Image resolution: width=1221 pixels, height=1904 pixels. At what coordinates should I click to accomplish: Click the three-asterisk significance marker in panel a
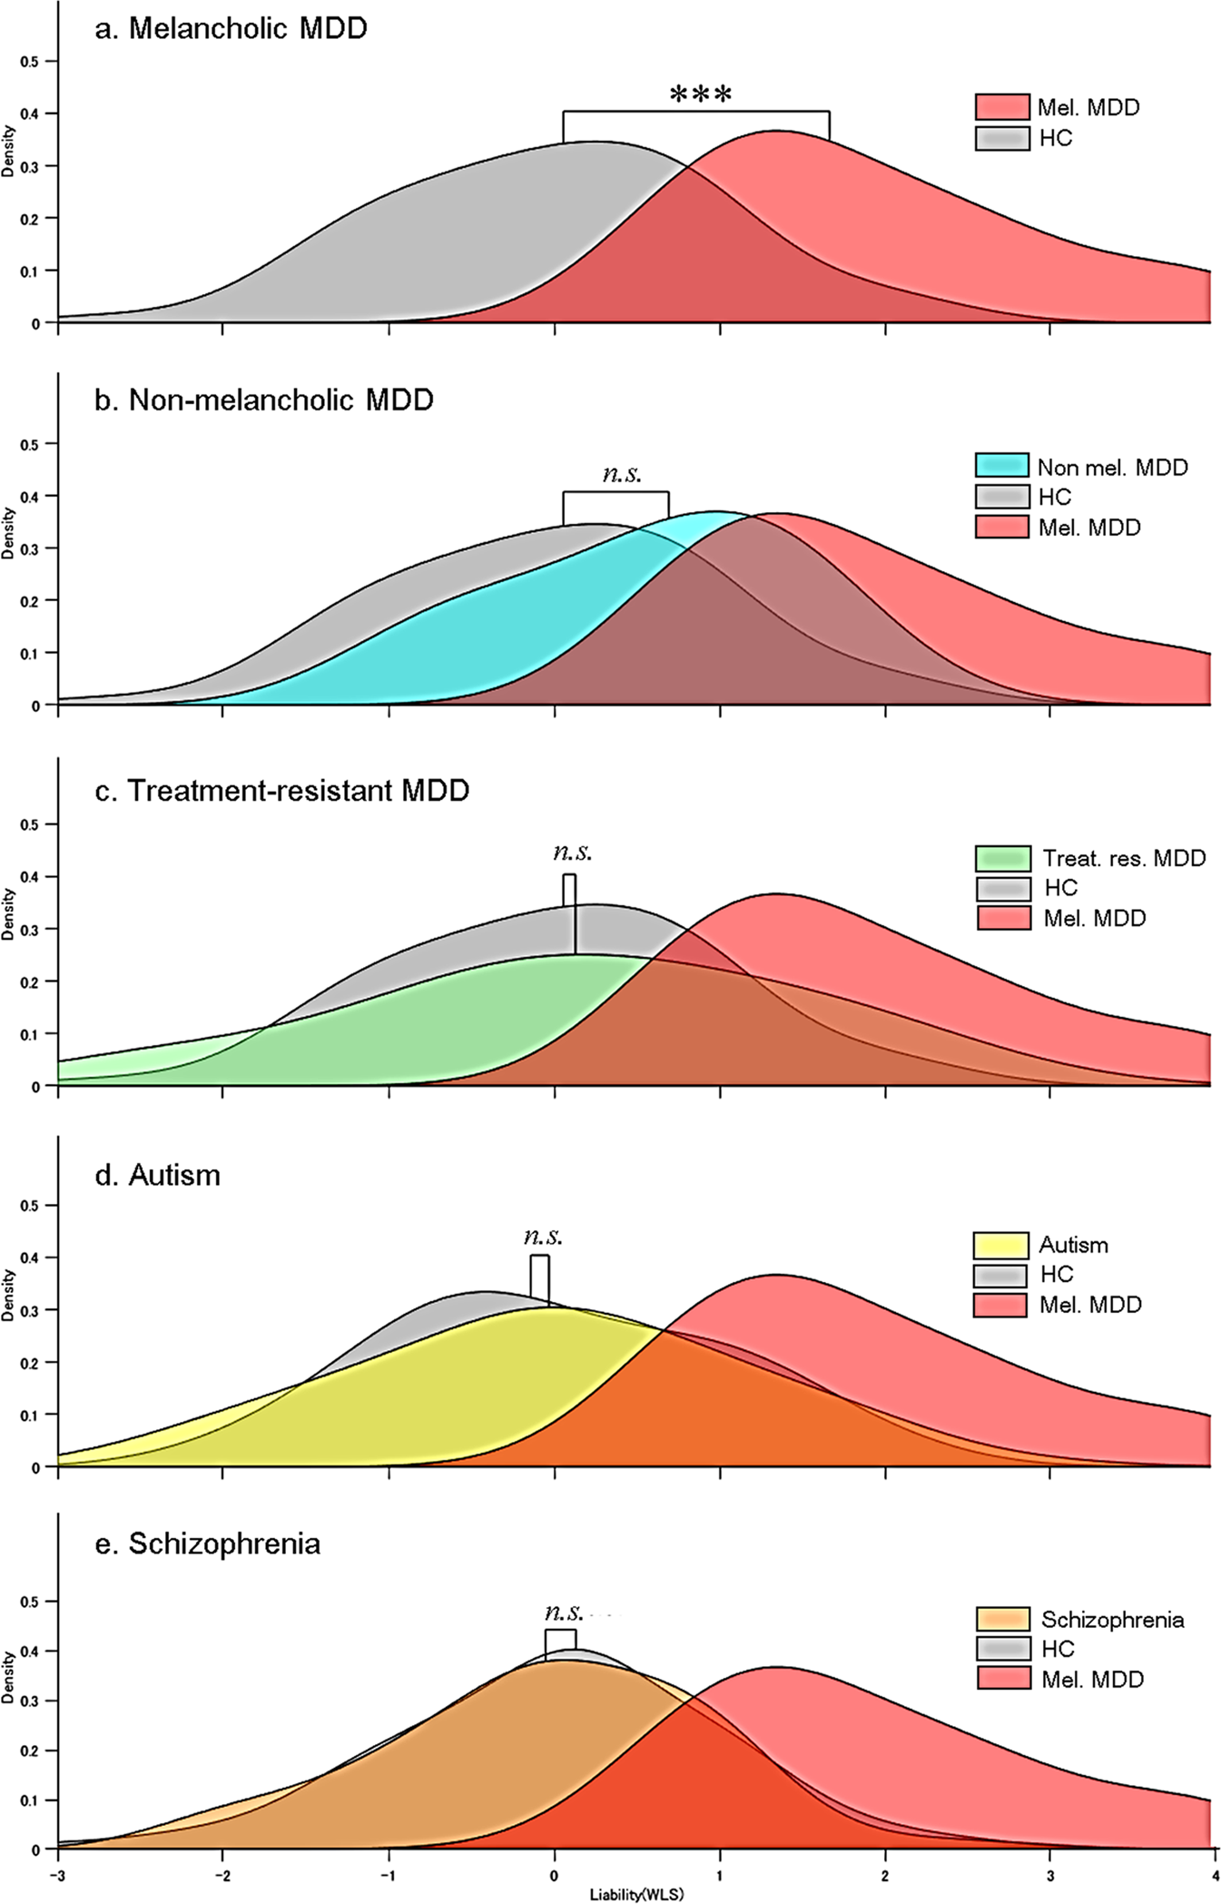700,94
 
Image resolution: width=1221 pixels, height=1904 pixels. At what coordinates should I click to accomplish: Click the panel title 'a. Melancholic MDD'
231,28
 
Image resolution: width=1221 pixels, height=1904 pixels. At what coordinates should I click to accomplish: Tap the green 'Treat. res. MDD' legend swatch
1002,858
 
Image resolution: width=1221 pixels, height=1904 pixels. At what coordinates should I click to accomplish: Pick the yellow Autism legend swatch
1000,1245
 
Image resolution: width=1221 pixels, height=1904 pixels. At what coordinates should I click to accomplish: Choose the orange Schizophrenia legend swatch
1002,1619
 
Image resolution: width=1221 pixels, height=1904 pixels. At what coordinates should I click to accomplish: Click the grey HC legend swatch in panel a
1001,138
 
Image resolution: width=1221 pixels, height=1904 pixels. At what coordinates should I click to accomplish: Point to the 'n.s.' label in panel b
622,473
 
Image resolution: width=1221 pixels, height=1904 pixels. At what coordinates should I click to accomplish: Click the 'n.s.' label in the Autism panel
543,1237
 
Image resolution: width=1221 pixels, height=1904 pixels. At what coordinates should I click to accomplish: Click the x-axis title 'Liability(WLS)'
636,1895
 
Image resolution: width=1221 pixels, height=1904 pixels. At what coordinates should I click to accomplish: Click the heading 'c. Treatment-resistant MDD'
281,791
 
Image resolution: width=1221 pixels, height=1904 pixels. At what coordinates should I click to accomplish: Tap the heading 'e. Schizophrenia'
207,1544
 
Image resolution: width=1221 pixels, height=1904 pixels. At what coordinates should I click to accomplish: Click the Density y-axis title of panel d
8,1295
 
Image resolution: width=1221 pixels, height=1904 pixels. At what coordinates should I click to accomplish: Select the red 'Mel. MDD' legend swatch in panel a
1001,107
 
